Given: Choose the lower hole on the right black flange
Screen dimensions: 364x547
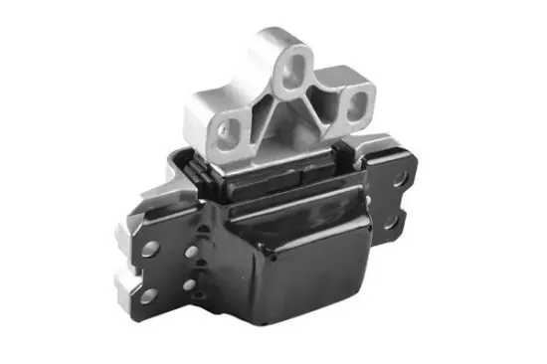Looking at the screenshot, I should pos(405,216).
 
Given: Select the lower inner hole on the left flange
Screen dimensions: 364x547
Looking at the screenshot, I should pos(192,287).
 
